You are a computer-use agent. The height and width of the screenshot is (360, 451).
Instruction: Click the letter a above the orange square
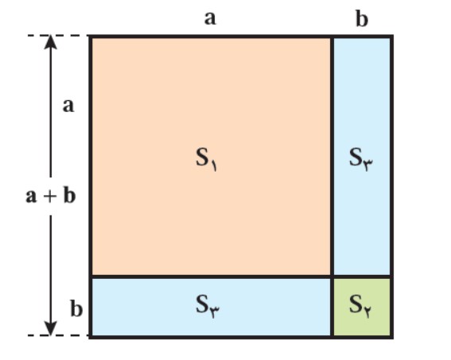pyautogui.click(x=210, y=18)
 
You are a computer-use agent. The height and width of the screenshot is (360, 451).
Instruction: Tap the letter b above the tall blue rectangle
pyautogui.click(x=362, y=19)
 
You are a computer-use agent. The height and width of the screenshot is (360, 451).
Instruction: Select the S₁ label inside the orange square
pyautogui.click(x=206, y=160)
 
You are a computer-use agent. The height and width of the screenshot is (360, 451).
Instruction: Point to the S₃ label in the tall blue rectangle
pyautogui.click(x=360, y=160)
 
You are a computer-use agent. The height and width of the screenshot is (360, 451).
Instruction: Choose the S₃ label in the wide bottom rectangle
pyautogui.click(x=208, y=306)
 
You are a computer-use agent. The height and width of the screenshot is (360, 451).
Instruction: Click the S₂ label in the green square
pyautogui.click(x=360, y=306)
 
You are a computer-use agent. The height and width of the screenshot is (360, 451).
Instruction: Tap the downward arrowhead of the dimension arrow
pyautogui.click(x=50, y=328)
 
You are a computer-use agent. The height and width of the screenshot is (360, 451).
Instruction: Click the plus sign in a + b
pyautogui.click(x=50, y=196)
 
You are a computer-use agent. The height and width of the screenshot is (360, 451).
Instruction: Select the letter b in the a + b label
pyautogui.click(x=69, y=195)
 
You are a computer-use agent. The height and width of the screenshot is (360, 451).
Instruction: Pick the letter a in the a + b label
pyautogui.click(x=31, y=197)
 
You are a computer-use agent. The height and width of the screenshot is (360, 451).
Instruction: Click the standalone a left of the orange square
pyautogui.click(x=68, y=106)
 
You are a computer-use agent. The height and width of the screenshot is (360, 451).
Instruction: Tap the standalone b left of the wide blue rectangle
pyautogui.click(x=76, y=309)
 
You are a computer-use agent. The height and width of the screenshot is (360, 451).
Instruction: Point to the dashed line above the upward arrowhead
pyautogui.click(x=58, y=36)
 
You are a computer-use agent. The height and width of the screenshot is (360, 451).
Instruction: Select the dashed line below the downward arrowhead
pyautogui.click(x=58, y=335)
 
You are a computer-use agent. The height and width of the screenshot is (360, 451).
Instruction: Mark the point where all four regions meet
pyautogui.click(x=332, y=277)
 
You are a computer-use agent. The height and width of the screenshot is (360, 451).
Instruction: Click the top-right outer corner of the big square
pyautogui.click(x=392, y=36)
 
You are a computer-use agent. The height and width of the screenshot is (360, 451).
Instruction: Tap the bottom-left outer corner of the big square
pyautogui.click(x=90, y=337)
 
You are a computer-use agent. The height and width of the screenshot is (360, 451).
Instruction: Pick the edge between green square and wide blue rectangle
pyautogui.click(x=332, y=306)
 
